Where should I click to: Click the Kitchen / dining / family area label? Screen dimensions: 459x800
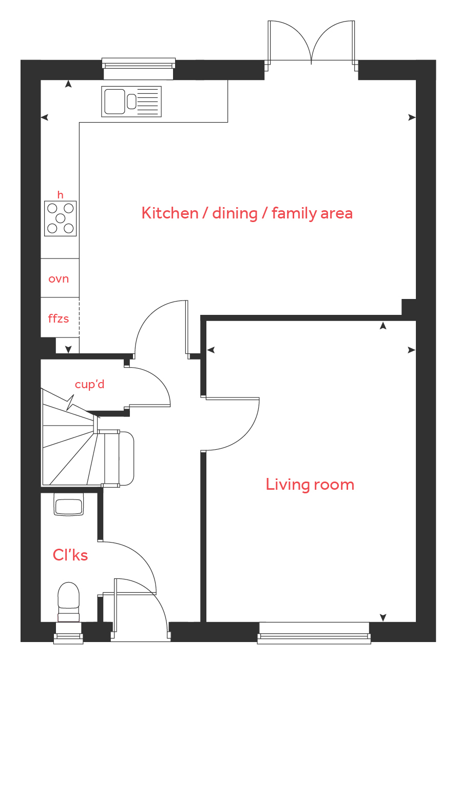tap(247, 213)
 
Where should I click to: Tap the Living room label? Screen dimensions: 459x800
tap(310, 484)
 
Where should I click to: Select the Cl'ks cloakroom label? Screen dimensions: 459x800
tap(70, 555)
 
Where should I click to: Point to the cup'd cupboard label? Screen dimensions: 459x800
tap(89, 385)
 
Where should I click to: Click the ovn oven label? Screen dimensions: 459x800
tap(59, 278)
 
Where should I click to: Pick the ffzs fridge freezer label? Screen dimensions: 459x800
tap(59, 318)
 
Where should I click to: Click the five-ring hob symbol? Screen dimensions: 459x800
tap(61, 218)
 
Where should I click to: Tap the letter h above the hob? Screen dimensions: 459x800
tap(61, 195)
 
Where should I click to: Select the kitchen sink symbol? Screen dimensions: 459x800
tap(131, 102)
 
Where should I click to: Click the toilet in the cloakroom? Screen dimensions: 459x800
tap(69, 602)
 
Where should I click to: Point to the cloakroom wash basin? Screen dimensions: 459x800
tap(69, 504)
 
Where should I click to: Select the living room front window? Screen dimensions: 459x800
tap(314, 633)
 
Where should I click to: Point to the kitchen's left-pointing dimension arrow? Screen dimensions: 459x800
tap(45, 117)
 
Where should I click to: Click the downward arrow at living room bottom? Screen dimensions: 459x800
tap(383, 617)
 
